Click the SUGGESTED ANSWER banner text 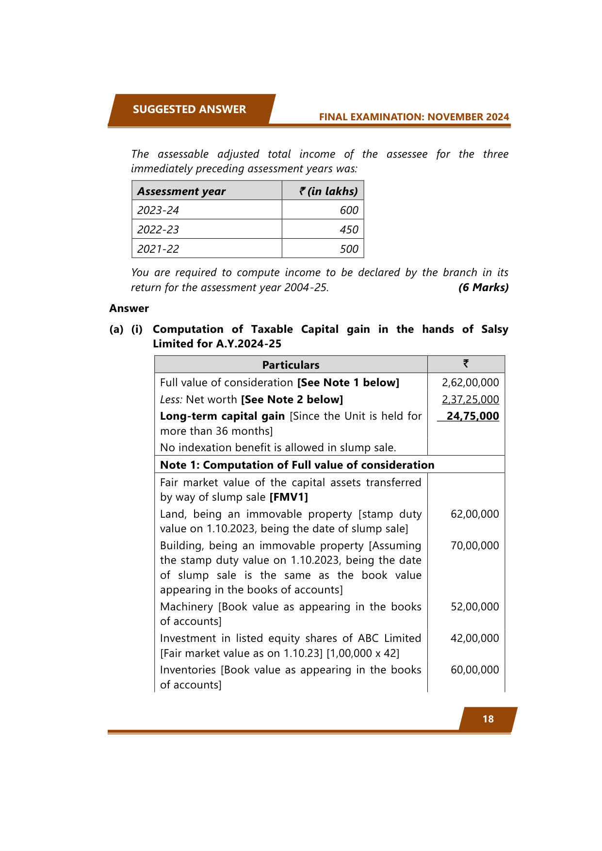[189, 110]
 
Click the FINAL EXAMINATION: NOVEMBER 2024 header [414, 117]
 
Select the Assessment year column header [181, 191]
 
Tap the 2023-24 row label [158, 210]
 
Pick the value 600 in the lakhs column [349, 210]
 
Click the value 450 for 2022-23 [349, 229]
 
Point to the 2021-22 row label [158, 249]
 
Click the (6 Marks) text [483, 287]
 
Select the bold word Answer [129, 309]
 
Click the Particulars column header [291, 365]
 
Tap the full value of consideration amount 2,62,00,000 [470, 382]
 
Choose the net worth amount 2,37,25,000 [470, 399]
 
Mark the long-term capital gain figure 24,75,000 [472, 416]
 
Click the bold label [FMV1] [289, 497]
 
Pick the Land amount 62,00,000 [474, 514]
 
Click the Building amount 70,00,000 [474, 545]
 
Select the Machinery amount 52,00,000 [474, 606]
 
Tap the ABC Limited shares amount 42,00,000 [474, 638]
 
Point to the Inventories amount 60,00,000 [474, 670]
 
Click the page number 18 [488, 719]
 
